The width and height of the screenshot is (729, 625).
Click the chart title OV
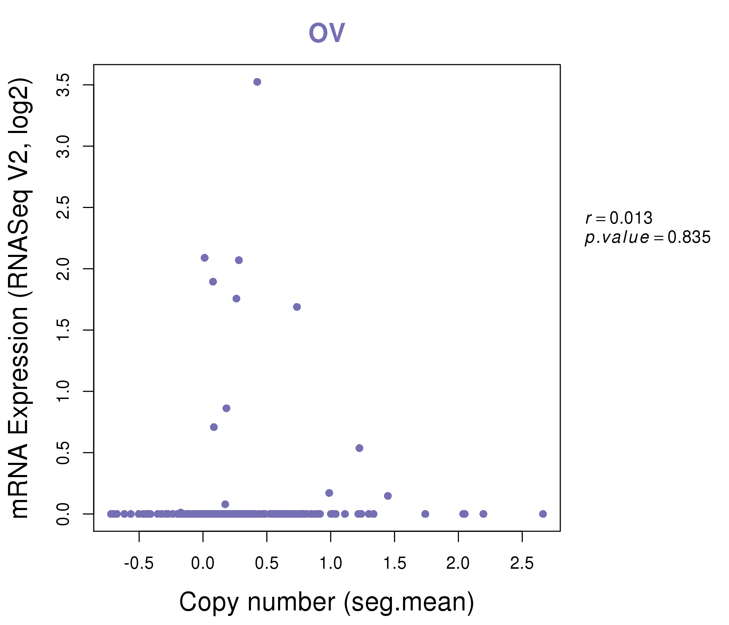[327, 32]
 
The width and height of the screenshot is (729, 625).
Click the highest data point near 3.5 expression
[257, 82]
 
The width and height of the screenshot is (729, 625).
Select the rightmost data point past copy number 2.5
[543, 514]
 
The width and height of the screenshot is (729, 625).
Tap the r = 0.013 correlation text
[619, 218]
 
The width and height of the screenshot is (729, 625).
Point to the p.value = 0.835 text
[648, 237]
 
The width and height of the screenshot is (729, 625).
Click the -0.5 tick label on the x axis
[139, 564]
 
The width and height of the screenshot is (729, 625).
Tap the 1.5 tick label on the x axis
[394, 564]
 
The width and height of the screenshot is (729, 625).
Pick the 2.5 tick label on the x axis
[522, 564]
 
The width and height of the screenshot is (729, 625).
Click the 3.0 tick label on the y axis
[64, 147]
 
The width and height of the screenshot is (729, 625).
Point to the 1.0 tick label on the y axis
[64, 391]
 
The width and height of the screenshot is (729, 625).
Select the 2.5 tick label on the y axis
[64, 208]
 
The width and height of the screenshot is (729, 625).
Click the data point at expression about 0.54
[359, 448]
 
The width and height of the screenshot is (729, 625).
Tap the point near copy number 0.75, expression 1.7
[297, 307]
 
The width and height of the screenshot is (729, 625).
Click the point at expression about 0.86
[227, 408]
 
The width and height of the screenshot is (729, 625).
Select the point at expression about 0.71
[214, 427]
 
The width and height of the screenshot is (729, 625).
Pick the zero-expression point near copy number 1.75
[425, 514]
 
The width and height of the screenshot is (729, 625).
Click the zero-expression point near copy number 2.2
[484, 514]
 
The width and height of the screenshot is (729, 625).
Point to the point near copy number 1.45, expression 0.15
[388, 496]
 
